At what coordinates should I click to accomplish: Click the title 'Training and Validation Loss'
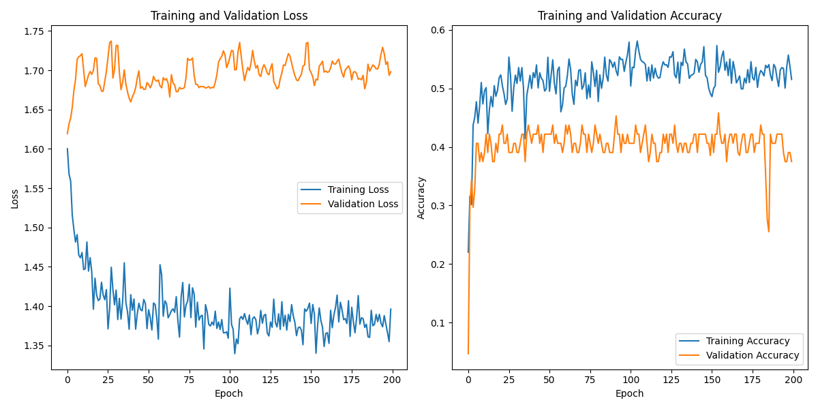[229, 16]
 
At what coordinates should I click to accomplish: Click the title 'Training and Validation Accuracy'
[629, 16]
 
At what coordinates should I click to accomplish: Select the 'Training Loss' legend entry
[358, 190]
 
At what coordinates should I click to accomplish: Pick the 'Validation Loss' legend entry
[363, 204]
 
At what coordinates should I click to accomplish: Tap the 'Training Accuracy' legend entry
[748, 341]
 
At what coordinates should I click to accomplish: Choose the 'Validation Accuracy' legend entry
[753, 355]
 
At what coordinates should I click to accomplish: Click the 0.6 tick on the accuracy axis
[438, 30]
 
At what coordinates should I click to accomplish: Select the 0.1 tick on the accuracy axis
[438, 323]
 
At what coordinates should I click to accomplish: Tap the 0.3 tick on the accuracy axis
[438, 206]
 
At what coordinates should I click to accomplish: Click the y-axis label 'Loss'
[14, 198]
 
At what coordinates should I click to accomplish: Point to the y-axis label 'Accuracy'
[421, 198]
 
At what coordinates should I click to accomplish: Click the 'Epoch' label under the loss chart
[228, 393]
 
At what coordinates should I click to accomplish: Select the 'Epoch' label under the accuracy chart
[629, 393]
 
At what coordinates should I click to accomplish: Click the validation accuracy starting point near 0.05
[468, 353]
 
